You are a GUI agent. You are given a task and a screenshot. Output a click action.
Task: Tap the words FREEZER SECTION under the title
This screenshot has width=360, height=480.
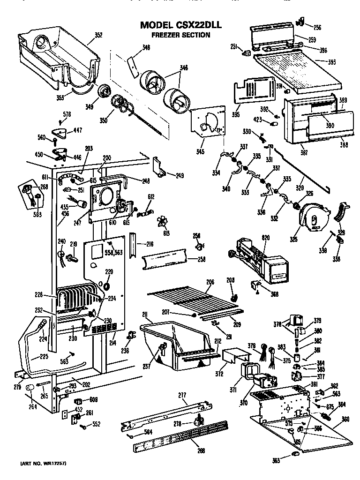point(180,35)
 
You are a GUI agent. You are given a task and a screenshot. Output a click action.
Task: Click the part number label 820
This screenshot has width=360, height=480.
point(253,238)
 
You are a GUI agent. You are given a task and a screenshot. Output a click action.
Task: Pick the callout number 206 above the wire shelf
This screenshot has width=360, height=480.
point(210,282)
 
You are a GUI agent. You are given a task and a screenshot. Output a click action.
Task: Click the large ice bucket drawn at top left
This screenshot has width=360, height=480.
point(56,56)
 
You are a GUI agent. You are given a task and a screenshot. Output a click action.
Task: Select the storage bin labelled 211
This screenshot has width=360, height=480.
point(176,342)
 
